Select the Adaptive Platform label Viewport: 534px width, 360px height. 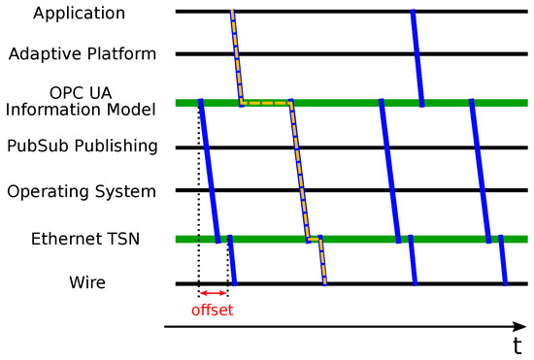pos(82,53)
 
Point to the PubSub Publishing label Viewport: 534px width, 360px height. pos(83,147)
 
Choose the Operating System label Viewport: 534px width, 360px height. pos(82,191)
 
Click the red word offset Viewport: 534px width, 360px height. pos(213,311)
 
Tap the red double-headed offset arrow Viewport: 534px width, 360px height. pos(213,294)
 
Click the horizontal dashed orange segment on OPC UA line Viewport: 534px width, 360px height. pos(266,102)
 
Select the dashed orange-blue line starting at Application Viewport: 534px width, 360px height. pos(236,56)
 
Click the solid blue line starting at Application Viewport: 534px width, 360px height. pos(417,56)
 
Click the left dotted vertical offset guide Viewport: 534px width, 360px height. pos(199,194)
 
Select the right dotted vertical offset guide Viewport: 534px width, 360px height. pos(228,262)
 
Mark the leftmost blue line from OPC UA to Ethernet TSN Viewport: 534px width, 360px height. pos(208,170)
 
